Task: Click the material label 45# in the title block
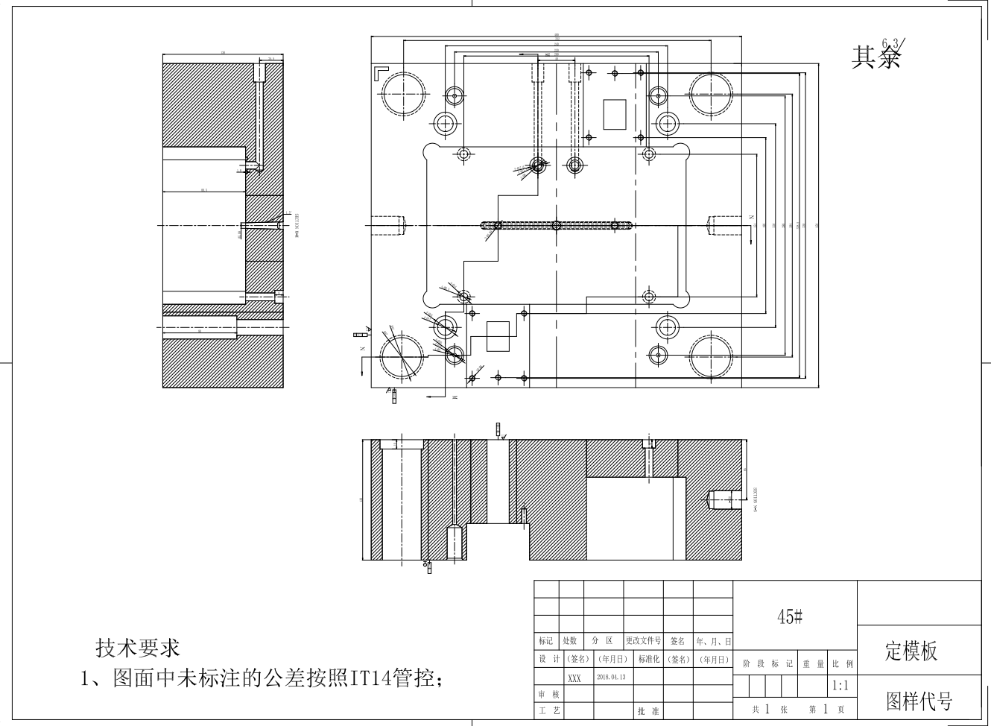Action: (x=790, y=616)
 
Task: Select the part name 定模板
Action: (x=911, y=651)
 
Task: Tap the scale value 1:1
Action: (x=840, y=686)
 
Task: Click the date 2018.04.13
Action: (x=610, y=678)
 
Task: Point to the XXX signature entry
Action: (x=574, y=678)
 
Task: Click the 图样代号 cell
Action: (x=919, y=701)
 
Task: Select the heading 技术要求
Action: (x=138, y=648)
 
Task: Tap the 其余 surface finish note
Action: (x=876, y=57)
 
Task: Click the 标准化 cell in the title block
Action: (x=648, y=660)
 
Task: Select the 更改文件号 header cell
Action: (x=643, y=641)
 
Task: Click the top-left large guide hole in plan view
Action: (x=405, y=95)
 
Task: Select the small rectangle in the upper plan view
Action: (x=615, y=114)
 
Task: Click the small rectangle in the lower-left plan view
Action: (x=498, y=336)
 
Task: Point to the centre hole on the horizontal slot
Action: (x=557, y=225)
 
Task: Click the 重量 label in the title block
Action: (x=811, y=663)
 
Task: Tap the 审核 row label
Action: (x=547, y=695)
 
